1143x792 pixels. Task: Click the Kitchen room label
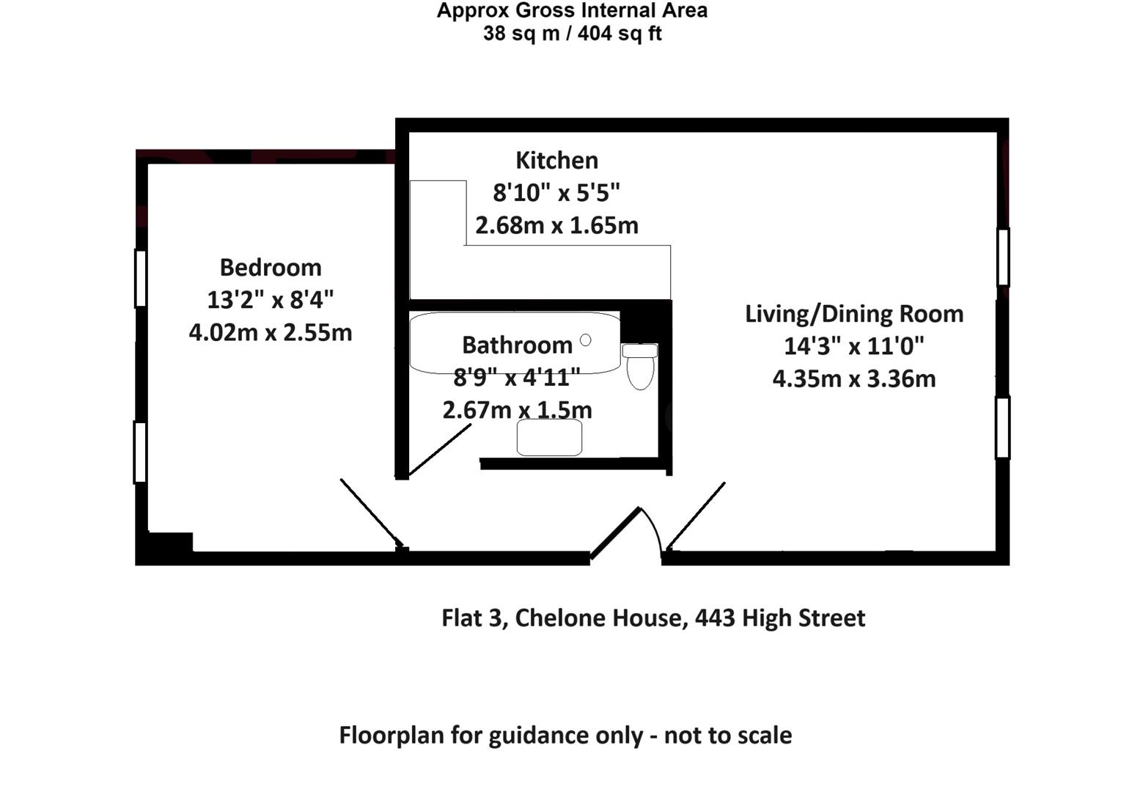pyautogui.click(x=556, y=160)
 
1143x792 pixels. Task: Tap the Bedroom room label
pyautogui.click(x=271, y=267)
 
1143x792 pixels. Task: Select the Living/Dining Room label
pyautogui.click(x=854, y=313)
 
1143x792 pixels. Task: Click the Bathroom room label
pyautogui.click(x=517, y=345)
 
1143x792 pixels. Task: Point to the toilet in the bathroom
pyautogui.click(x=640, y=366)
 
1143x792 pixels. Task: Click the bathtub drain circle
pyautogui.click(x=585, y=340)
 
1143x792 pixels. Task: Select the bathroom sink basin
pyautogui.click(x=549, y=438)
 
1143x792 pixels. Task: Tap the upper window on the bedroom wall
pyautogui.click(x=140, y=278)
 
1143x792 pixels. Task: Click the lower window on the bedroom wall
pyautogui.click(x=139, y=452)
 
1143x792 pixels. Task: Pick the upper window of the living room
pyautogui.click(x=1003, y=257)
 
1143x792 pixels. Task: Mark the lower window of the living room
pyautogui.click(x=1002, y=428)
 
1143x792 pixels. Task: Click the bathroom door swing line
pyautogui.click(x=439, y=450)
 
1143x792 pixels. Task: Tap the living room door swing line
pyautogui.click(x=696, y=515)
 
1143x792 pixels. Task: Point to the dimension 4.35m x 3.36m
pyautogui.click(x=854, y=378)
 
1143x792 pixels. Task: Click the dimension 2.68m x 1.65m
pyautogui.click(x=556, y=225)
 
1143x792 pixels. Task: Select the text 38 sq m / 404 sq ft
pyautogui.click(x=572, y=34)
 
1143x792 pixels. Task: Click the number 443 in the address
pyautogui.click(x=715, y=617)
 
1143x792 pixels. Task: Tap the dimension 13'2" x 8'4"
pyautogui.click(x=271, y=299)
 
